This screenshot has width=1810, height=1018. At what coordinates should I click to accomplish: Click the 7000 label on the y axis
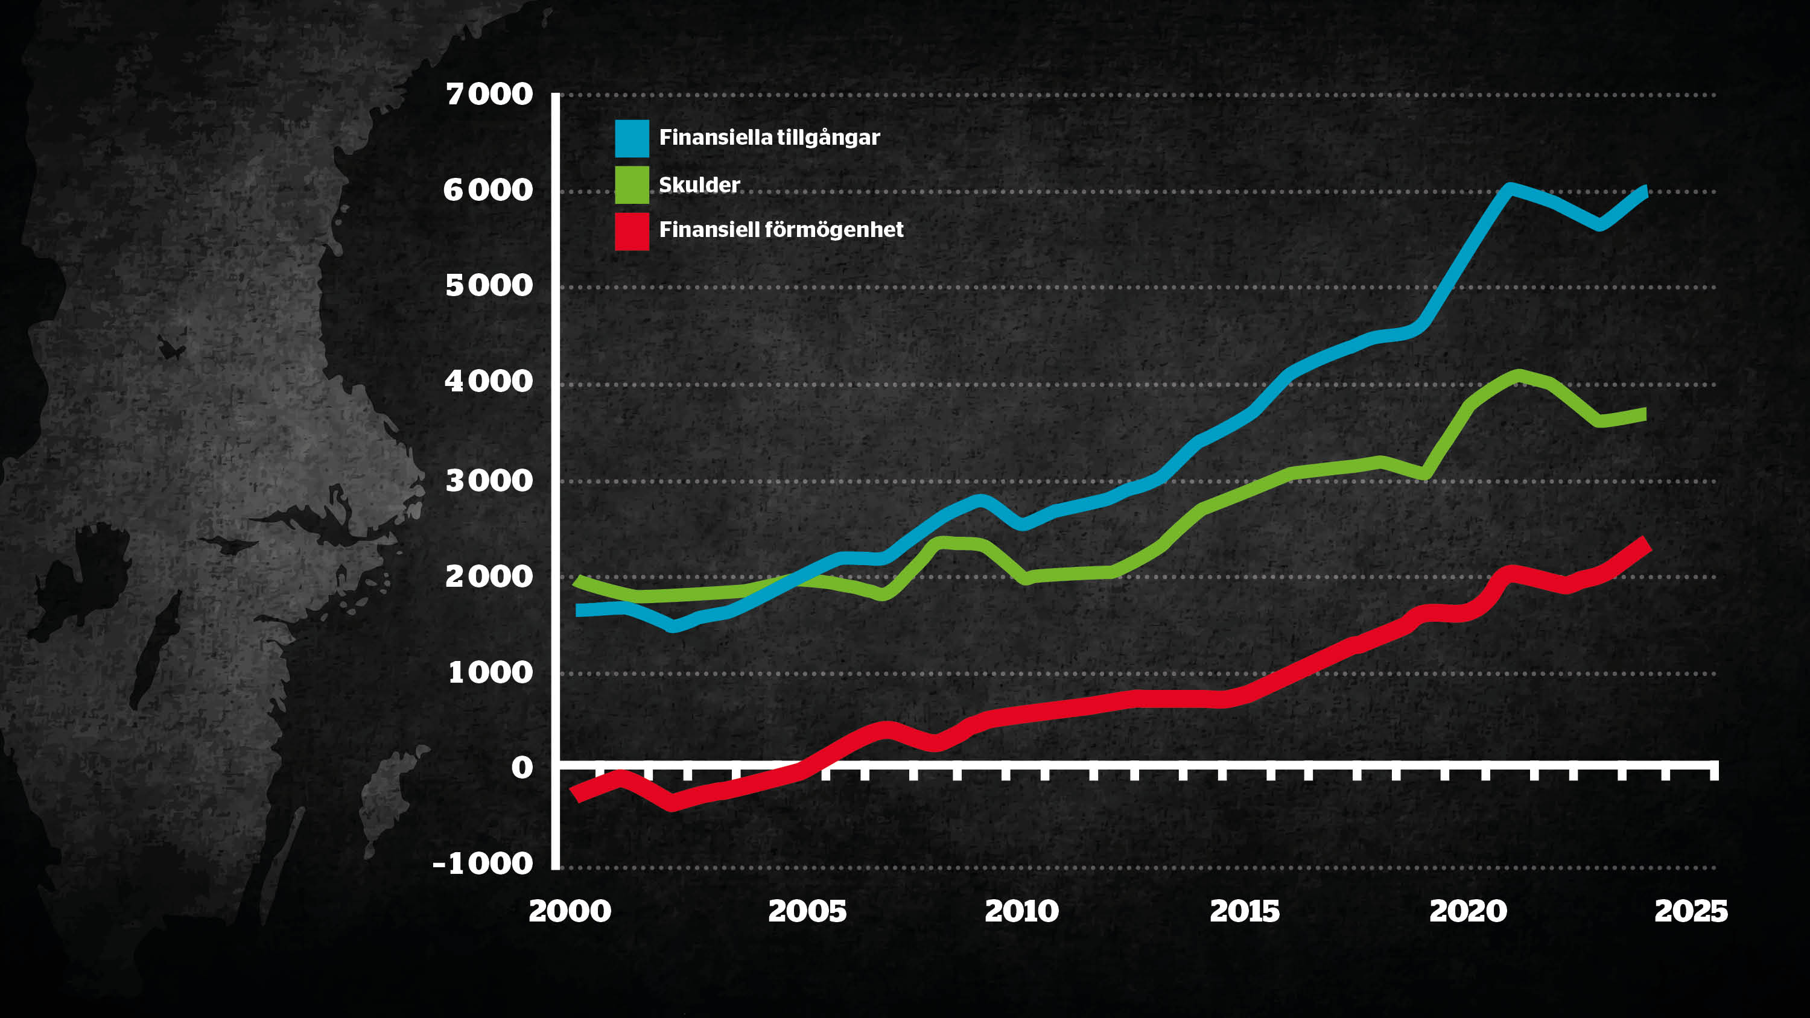489,94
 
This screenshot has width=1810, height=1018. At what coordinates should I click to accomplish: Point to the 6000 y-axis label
487,190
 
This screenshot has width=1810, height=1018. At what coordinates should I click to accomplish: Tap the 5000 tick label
489,285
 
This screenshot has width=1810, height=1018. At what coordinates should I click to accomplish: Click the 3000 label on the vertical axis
489,481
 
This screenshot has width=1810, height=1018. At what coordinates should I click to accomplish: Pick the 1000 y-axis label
491,672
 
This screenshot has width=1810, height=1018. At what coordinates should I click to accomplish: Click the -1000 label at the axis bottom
483,864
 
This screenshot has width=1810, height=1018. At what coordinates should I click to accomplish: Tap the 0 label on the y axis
522,767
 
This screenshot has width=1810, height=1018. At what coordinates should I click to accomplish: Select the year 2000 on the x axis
570,911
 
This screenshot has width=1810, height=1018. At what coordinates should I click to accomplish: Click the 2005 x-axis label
807,911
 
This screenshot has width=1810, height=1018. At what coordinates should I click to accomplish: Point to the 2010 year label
1021,911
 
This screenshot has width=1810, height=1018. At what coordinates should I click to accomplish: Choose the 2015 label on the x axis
1244,911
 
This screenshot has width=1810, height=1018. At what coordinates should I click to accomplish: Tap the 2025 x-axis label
1691,911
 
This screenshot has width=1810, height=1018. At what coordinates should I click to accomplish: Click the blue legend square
632,138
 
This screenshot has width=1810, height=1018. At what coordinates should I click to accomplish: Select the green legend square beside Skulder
632,185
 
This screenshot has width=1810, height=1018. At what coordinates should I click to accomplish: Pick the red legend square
632,231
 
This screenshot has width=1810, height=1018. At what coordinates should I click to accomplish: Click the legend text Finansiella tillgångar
769,137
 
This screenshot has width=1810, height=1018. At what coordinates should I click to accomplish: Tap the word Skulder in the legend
699,185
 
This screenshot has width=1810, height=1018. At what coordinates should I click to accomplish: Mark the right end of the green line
1645,414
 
